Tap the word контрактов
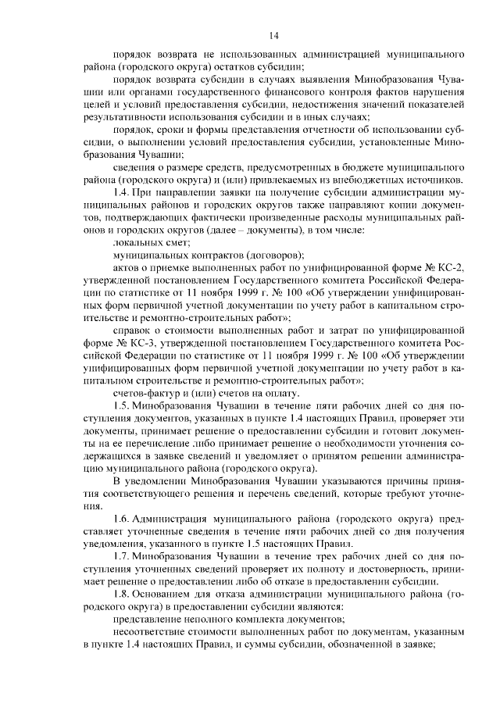pos(213,256)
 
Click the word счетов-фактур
pos(146,393)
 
